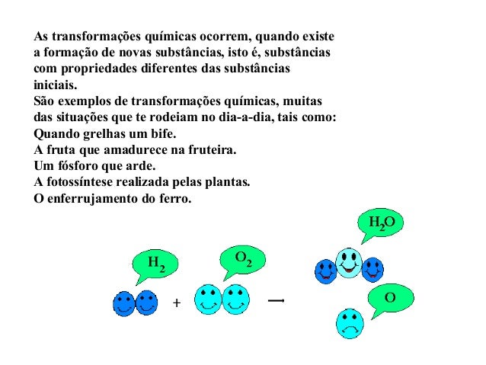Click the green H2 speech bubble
[x=155, y=264]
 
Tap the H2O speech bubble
[x=379, y=223]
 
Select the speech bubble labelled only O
[x=390, y=298]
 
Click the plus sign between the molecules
[x=177, y=303]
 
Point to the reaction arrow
[x=277, y=301]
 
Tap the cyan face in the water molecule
[x=349, y=263]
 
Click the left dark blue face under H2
[x=124, y=303]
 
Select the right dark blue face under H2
[x=145, y=303]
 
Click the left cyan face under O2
[x=209, y=299]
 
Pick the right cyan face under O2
[x=235, y=299]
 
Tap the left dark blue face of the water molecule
[x=326, y=270]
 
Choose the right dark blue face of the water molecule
[x=372, y=268]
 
